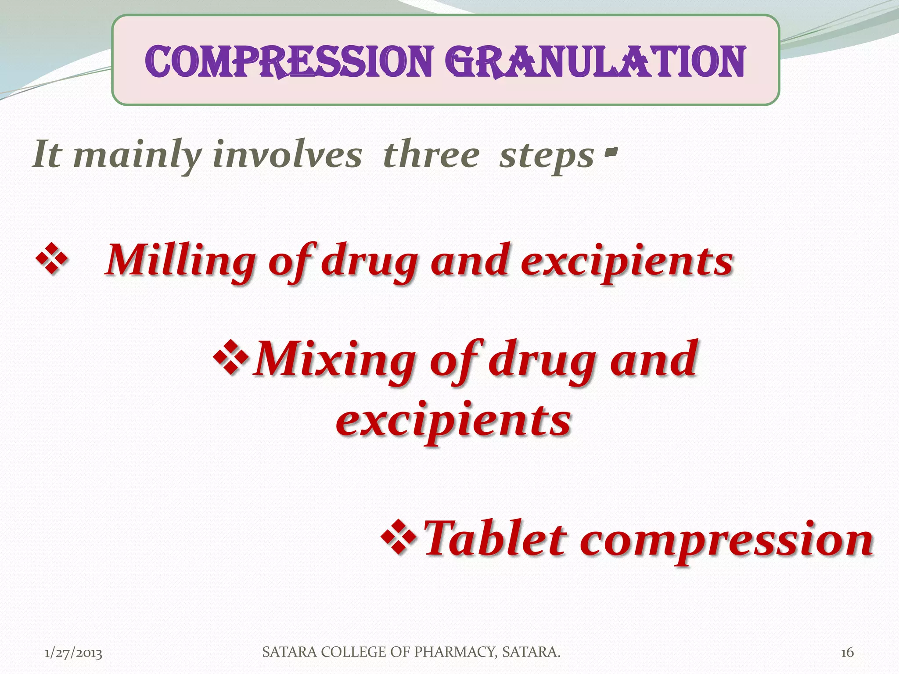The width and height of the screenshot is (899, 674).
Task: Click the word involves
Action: point(288,155)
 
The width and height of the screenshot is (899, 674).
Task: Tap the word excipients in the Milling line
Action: point(627,262)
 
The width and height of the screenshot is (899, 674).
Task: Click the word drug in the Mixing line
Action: point(543,361)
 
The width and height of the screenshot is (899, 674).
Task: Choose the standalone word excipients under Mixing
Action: point(454,420)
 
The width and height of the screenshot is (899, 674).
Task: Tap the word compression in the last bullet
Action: point(726,541)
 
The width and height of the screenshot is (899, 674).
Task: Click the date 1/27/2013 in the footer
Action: point(74,653)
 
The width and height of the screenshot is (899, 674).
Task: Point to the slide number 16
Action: point(847,653)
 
